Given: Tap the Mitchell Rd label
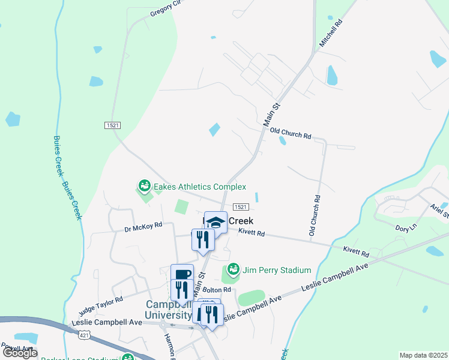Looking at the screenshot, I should point(330,33).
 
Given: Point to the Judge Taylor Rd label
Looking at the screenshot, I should point(101,304).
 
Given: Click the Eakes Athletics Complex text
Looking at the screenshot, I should point(200,187).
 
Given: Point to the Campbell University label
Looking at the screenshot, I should point(170,310).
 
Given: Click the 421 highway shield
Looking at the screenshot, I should point(85,335).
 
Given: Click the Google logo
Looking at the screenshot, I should point(20,353).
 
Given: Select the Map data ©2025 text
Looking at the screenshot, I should point(423,355).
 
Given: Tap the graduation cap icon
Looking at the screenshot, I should point(215,223).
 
